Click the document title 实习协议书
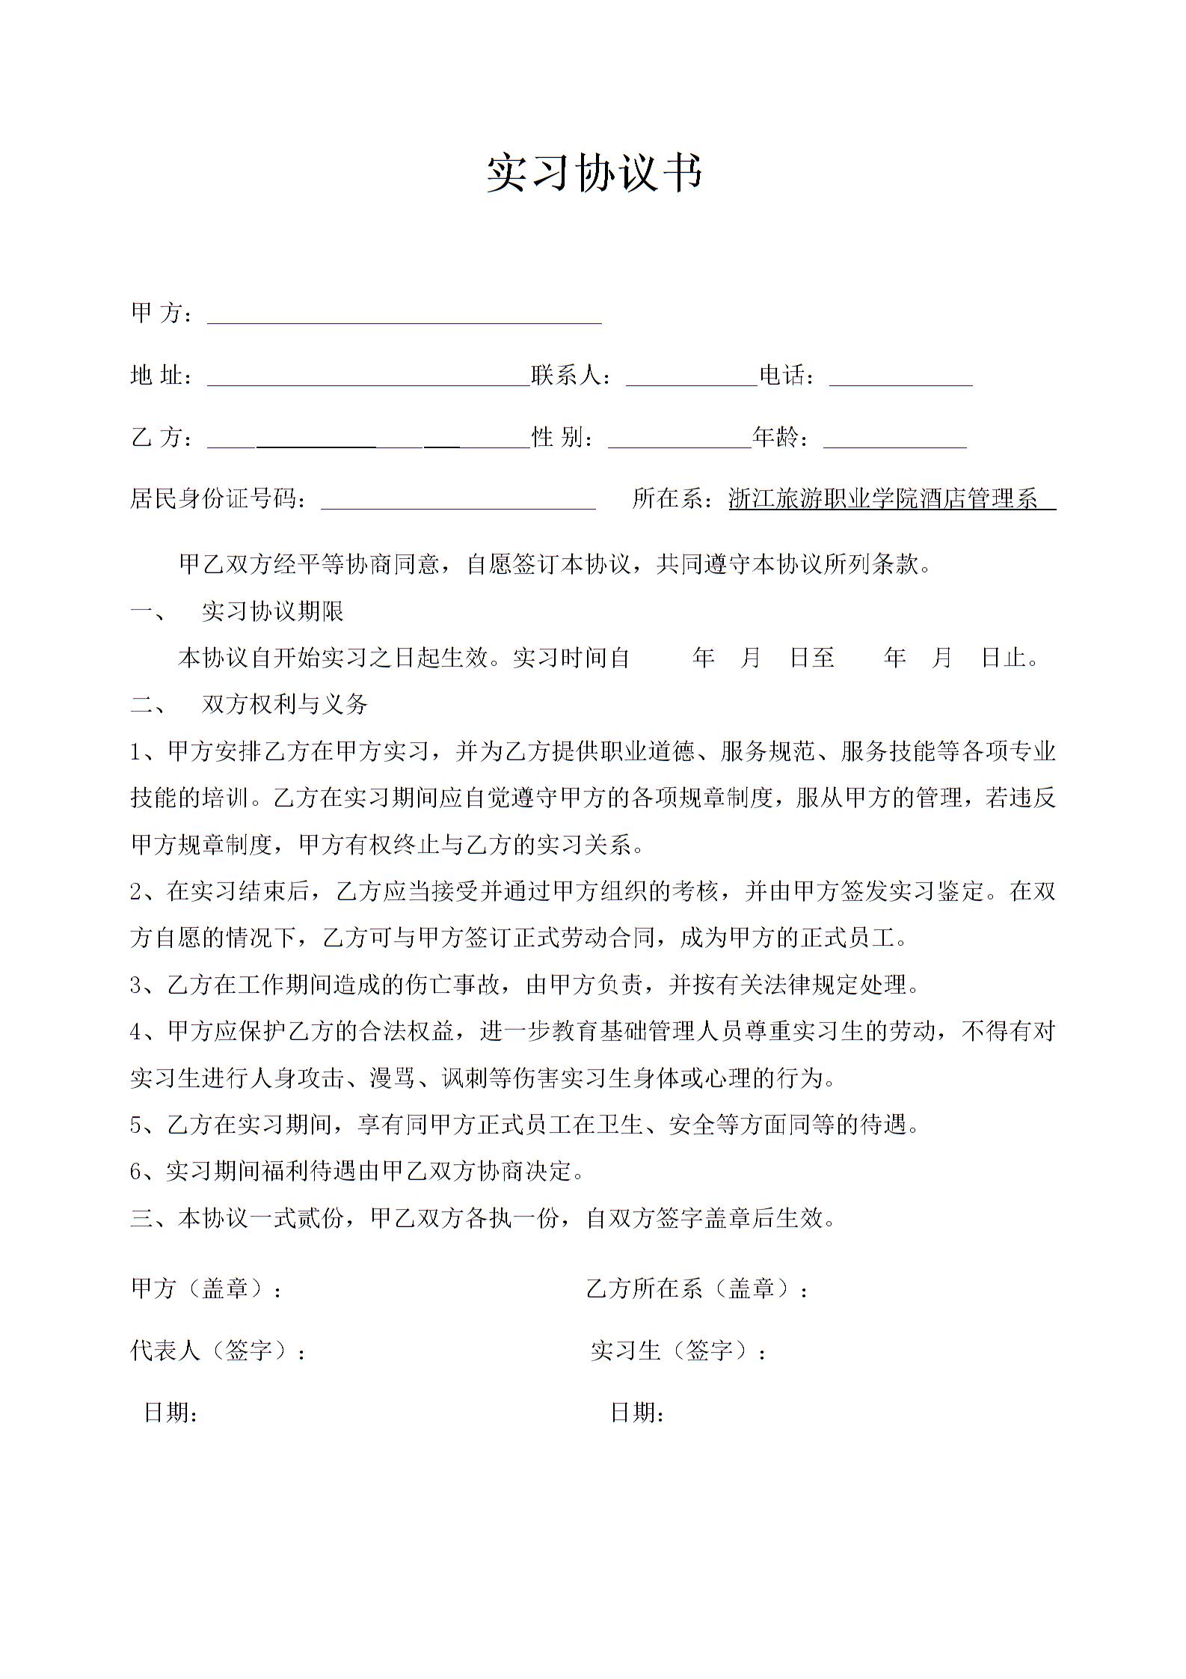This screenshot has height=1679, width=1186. click(x=594, y=173)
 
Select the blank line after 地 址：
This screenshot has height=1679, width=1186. click(x=368, y=377)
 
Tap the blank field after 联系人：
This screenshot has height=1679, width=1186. click(x=692, y=377)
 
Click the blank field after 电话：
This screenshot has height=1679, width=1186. click(x=900, y=377)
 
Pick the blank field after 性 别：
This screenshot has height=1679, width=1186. click(x=679, y=438)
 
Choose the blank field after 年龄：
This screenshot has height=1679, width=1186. click(x=894, y=438)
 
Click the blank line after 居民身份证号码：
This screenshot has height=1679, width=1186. click(x=458, y=500)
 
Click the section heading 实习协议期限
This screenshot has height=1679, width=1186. click(x=272, y=612)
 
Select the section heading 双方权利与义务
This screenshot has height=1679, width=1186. click(x=284, y=704)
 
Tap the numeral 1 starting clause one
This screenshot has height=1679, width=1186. click(x=137, y=751)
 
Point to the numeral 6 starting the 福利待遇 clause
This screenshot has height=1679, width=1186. click(x=137, y=1172)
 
